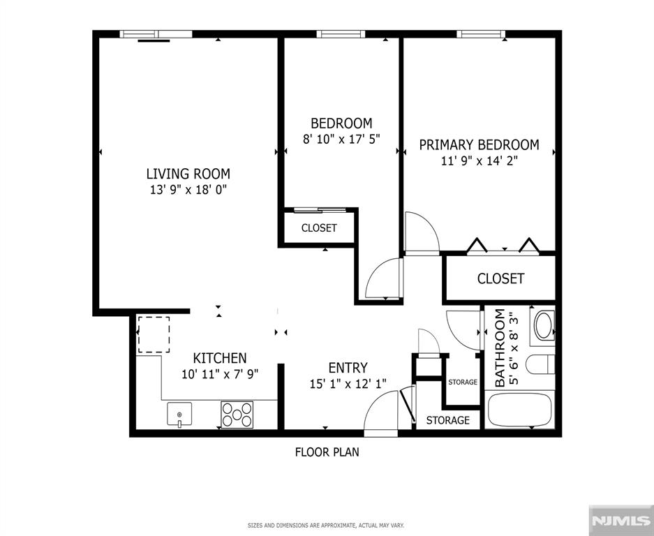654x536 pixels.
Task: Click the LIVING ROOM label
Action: [x=188, y=174]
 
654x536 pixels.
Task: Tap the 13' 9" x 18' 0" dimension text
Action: [x=188, y=191]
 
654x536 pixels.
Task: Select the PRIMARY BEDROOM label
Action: [x=480, y=144]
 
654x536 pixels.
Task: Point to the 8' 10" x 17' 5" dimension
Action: [x=341, y=139]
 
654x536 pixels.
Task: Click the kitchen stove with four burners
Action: [x=237, y=414]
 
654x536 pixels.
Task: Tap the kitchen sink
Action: [x=179, y=414]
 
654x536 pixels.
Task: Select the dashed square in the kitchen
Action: [x=154, y=334]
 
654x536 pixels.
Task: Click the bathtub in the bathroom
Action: [x=519, y=410]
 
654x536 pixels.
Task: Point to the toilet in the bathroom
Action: [x=540, y=364]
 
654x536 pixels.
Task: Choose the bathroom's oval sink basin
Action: [x=544, y=326]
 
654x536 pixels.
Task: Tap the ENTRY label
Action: [x=348, y=368]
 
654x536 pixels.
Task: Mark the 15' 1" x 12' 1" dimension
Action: [x=348, y=384]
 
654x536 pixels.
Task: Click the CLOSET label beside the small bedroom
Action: [x=319, y=228]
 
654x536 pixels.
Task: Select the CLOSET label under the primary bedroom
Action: [x=500, y=278]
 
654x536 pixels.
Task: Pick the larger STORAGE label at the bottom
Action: [x=448, y=420]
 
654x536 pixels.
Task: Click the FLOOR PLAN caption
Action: [x=327, y=452]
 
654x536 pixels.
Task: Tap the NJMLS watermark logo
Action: [x=621, y=521]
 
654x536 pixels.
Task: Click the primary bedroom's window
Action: [x=481, y=33]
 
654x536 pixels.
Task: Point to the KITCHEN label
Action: [x=220, y=358]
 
